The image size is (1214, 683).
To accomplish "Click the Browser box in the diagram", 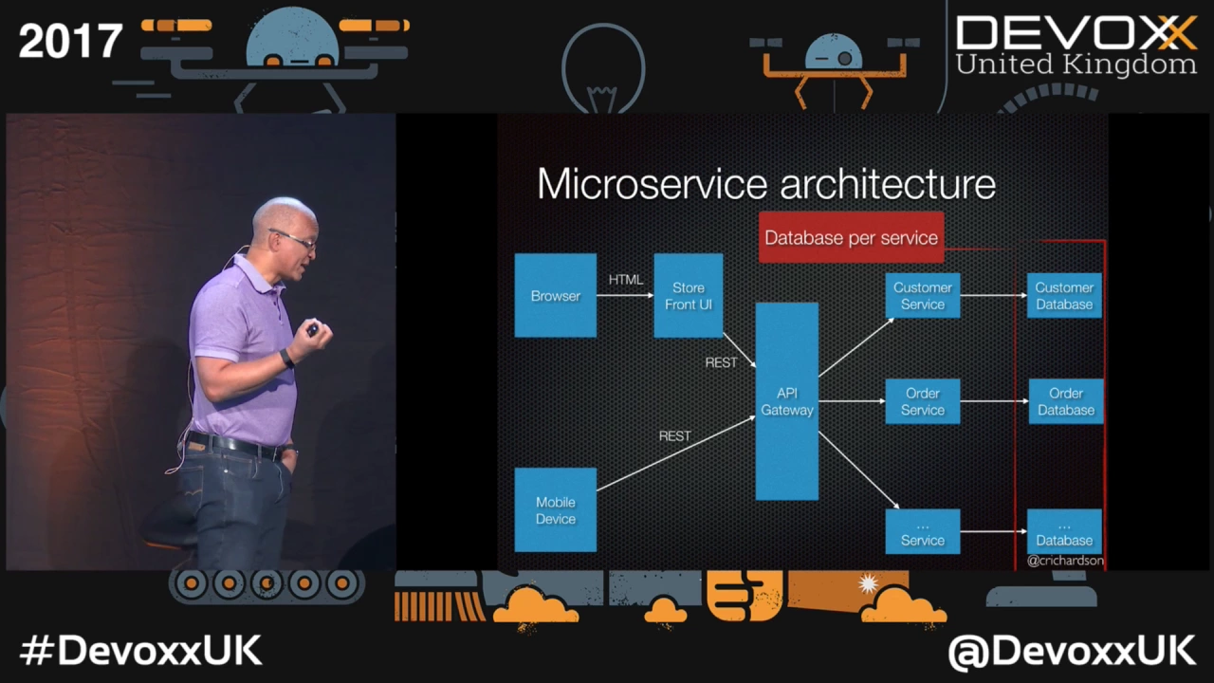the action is click(555, 295).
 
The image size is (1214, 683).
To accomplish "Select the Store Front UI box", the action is click(688, 295).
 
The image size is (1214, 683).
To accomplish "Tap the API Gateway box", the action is click(786, 401).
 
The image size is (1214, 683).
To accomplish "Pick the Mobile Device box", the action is click(555, 510).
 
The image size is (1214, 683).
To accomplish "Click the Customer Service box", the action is click(922, 295).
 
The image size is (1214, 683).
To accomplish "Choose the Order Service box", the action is click(922, 401).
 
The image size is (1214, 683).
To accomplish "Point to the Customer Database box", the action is click(1063, 295).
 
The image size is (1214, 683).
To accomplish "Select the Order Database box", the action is click(1065, 401).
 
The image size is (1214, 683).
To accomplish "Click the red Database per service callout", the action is click(851, 237).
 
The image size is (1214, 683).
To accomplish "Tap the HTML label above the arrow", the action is click(625, 280).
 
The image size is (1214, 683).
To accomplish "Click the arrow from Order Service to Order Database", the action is click(994, 401).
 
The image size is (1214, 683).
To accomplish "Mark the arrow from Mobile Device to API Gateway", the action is click(675, 453).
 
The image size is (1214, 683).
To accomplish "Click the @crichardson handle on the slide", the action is click(1065, 561).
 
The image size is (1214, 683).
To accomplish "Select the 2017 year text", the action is click(70, 41).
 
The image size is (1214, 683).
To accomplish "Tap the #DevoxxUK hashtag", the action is click(140, 651).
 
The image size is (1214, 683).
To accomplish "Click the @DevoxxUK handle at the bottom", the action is click(1072, 651).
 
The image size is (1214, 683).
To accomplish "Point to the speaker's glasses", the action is click(293, 239).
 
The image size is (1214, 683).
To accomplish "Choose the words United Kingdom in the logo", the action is click(1076, 65).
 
